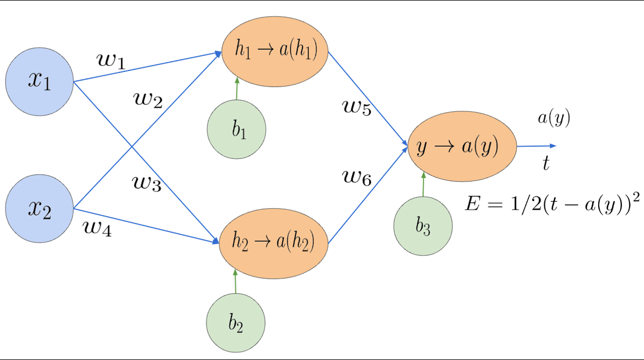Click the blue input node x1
(x=39, y=81)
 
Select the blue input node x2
(x=39, y=208)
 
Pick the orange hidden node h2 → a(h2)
(x=273, y=243)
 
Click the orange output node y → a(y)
(x=462, y=146)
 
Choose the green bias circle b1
(x=236, y=129)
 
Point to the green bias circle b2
(x=235, y=322)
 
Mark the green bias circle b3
(x=423, y=226)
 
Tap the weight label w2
(x=147, y=100)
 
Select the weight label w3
(x=146, y=184)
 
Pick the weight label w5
(x=357, y=108)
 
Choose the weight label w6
(x=357, y=177)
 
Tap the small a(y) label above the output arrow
(x=554, y=119)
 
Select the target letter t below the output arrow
(x=546, y=163)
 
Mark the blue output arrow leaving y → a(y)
(x=536, y=146)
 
